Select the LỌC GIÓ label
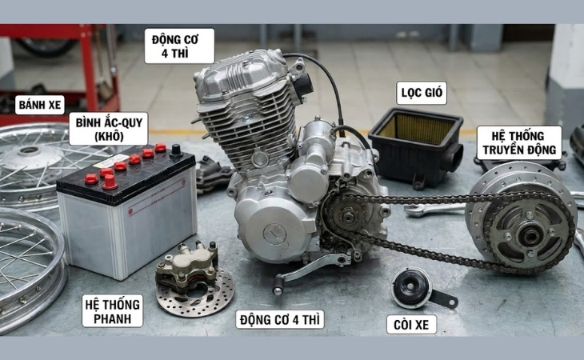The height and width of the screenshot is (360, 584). click(x=421, y=94)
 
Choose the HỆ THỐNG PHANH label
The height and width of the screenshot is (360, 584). click(x=113, y=310)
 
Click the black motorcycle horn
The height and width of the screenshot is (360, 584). click(x=413, y=287)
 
